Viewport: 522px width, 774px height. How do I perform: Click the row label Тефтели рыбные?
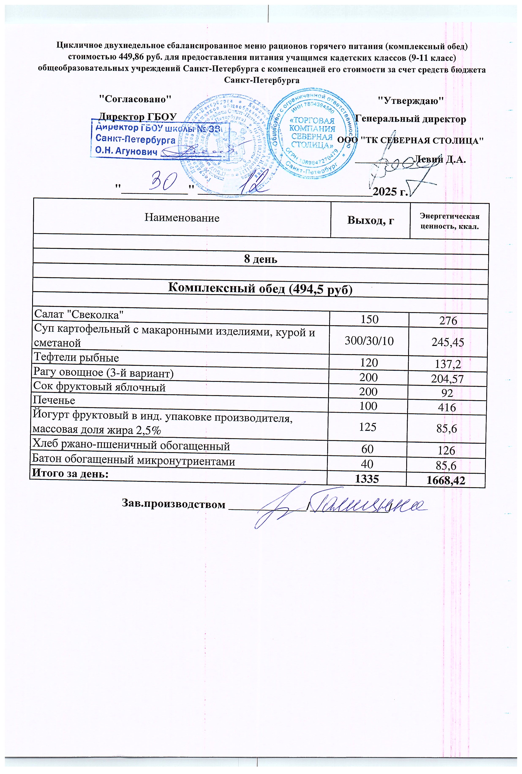coord(76,358)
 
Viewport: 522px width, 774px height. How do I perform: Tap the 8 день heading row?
coord(261,259)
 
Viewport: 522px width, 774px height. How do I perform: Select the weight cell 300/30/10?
coord(369,341)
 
